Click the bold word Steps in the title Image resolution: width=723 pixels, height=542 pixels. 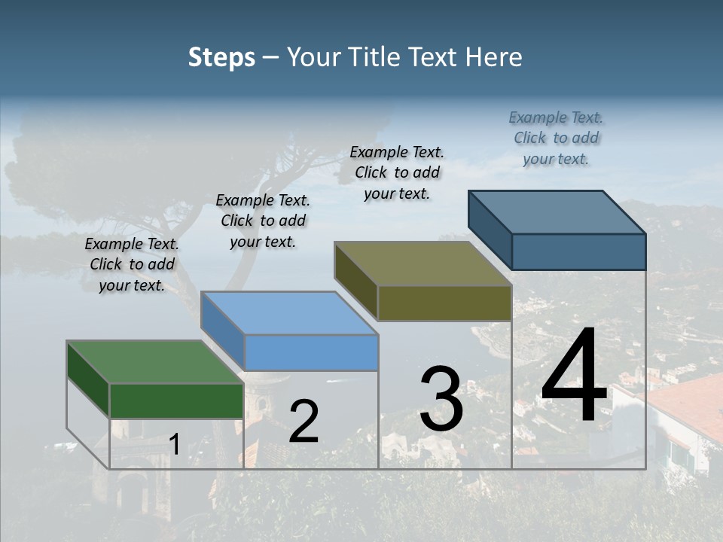221,57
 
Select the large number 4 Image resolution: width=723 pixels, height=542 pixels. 574,376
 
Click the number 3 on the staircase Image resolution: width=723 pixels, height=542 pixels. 441,399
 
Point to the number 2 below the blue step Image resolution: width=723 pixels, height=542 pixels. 304,422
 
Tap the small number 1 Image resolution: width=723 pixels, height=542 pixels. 174,445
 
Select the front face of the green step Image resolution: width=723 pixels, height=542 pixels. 176,400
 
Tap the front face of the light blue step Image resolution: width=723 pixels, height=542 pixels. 311,352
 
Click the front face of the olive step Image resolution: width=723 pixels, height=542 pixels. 444,303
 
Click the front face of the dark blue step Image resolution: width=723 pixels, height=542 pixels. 578,251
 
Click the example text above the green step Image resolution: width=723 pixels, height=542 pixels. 132,264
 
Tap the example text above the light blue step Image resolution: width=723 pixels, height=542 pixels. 263,221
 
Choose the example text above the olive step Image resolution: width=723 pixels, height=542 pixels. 397,172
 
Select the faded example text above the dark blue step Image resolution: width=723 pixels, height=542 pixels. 556,138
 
